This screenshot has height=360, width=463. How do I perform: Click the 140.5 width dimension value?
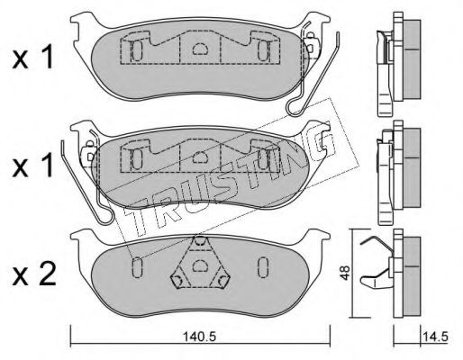201,337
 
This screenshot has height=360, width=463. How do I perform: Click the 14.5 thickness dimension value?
435,337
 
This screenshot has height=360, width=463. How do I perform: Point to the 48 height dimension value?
346,273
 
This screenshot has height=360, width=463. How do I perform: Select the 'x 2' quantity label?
34,274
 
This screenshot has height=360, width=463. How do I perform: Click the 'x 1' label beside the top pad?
32,57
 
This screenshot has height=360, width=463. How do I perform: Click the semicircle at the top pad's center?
200,49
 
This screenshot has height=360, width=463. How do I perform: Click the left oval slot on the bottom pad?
137,266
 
